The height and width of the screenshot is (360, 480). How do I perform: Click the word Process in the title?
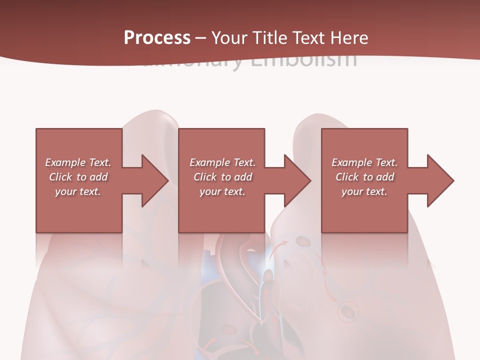(x=157, y=38)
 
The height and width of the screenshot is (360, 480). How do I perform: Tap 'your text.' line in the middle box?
(x=222, y=191)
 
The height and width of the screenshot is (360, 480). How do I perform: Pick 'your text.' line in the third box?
(x=364, y=191)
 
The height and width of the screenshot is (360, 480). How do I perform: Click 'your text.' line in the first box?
(x=78, y=191)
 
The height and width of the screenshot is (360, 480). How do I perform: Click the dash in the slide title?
(x=200, y=38)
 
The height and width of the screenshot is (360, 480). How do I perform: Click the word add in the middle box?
(x=243, y=177)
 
